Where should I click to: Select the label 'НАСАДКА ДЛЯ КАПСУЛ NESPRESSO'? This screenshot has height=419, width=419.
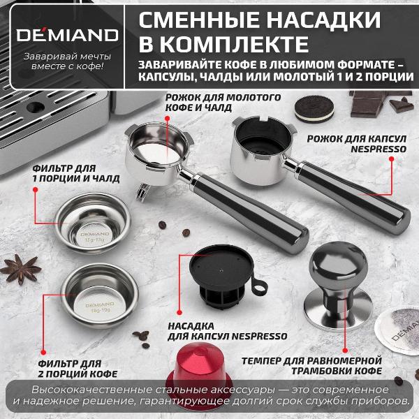pos(227,330)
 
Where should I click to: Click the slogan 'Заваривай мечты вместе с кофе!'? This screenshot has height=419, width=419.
pos(62,61)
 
